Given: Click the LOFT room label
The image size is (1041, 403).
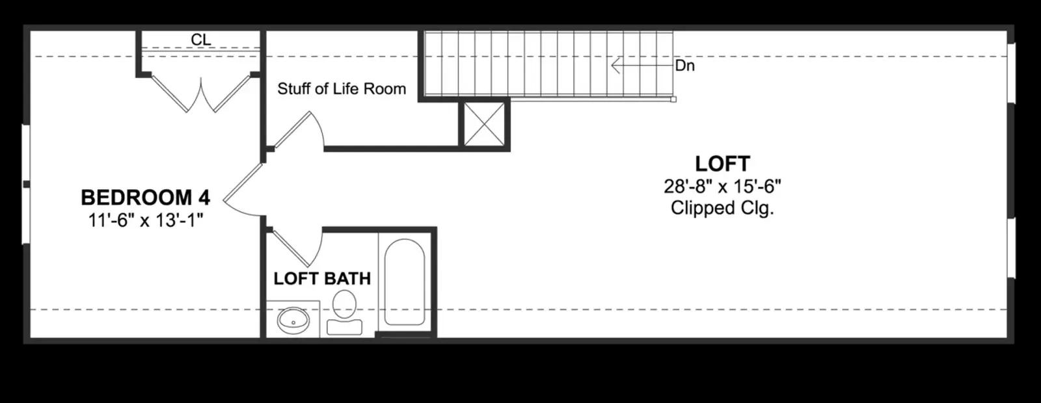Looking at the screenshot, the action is click(x=722, y=164).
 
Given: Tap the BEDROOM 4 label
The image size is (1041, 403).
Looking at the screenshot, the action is click(x=146, y=198).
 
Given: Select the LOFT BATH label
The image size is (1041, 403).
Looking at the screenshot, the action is click(x=322, y=279).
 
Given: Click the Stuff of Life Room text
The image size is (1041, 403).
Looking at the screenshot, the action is click(x=342, y=88).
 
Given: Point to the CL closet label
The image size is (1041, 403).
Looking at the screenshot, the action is click(x=201, y=40).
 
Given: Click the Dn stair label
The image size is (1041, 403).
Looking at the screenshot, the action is click(x=684, y=66).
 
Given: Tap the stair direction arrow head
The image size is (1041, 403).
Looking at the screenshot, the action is click(x=615, y=66).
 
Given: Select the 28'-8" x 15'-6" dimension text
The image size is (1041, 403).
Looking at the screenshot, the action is click(x=722, y=186).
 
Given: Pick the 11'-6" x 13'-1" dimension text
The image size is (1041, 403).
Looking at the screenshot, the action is click(x=146, y=220).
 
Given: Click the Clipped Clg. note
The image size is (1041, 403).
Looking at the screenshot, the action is click(x=722, y=207).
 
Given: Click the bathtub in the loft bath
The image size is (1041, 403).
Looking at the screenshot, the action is click(x=404, y=282).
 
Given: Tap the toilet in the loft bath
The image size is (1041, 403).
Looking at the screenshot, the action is click(x=344, y=312).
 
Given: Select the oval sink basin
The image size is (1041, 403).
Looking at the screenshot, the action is click(x=293, y=320).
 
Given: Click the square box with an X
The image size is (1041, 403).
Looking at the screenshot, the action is click(x=484, y=124).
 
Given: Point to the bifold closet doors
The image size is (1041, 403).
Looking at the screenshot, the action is click(x=201, y=94).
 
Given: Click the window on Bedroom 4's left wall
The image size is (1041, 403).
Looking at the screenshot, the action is click(x=26, y=185).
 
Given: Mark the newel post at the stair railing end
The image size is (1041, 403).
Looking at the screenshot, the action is click(x=673, y=99).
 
